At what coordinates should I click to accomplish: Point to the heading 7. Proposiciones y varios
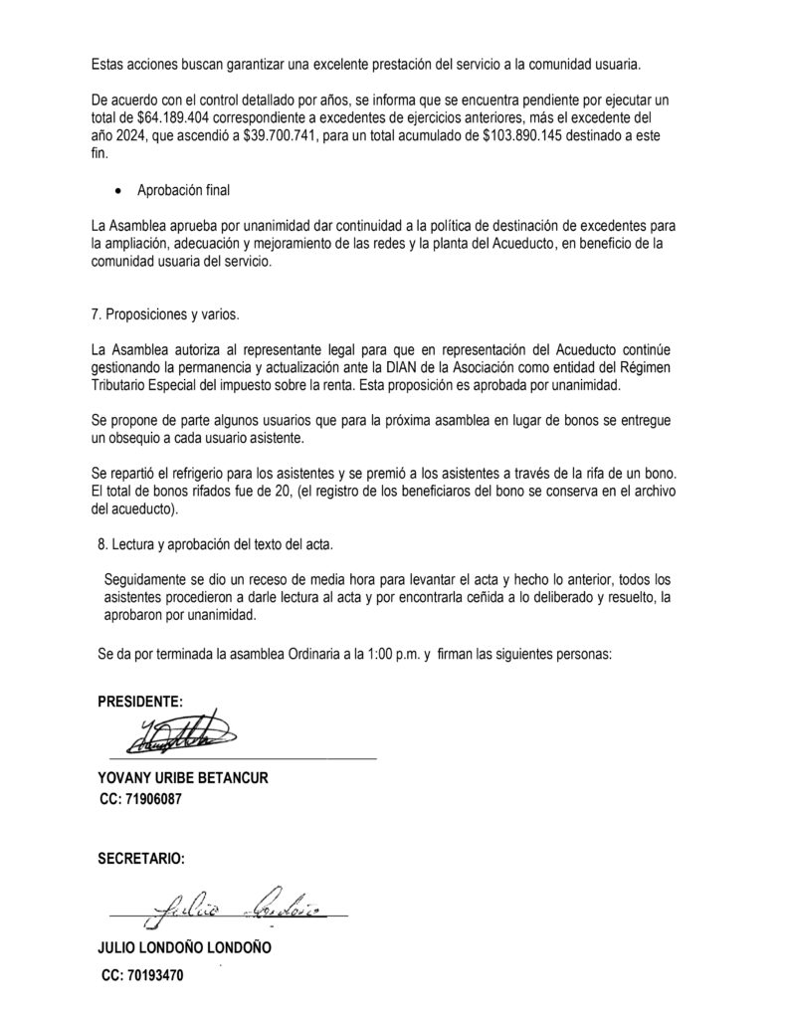[164, 314]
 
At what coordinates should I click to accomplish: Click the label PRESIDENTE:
[140, 702]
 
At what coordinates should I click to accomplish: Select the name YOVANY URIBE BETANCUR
[183, 777]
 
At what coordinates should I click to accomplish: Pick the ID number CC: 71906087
[140, 798]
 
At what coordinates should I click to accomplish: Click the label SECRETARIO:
[141, 857]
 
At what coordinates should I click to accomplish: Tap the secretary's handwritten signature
[229, 905]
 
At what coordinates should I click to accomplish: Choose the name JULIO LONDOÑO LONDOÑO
[184, 948]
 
